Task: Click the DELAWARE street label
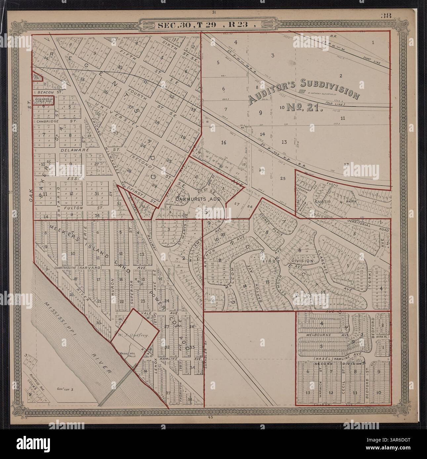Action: point(71,150)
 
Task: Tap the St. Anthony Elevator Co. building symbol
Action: point(302,91)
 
